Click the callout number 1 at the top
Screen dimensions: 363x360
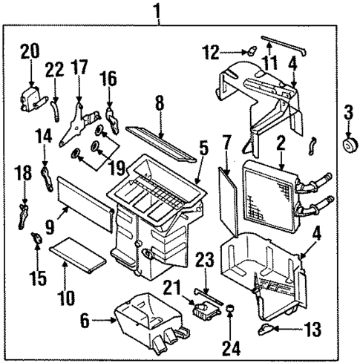click(x=157, y=10)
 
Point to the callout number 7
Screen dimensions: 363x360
click(x=227, y=140)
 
